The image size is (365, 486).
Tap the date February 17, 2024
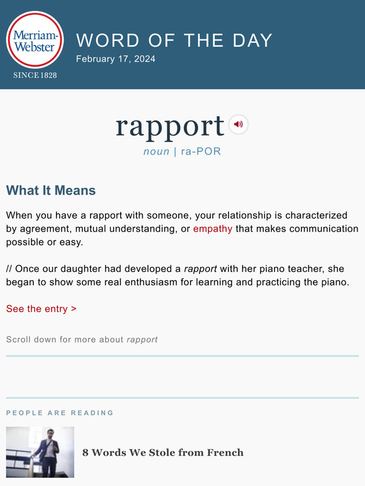(115, 59)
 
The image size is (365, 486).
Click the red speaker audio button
(238, 124)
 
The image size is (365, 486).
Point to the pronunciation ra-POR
(201, 151)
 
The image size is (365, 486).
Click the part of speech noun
(156, 151)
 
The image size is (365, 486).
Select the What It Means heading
(51, 190)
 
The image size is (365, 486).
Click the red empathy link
(213, 229)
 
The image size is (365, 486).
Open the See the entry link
(42, 309)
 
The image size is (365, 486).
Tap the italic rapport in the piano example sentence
(200, 269)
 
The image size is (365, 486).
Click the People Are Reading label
(60, 413)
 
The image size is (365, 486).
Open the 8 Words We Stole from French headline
(163, 452)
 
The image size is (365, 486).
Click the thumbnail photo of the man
(40, 452)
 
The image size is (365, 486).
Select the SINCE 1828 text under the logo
(35, 75)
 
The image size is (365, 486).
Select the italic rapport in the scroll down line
(142, 340)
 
